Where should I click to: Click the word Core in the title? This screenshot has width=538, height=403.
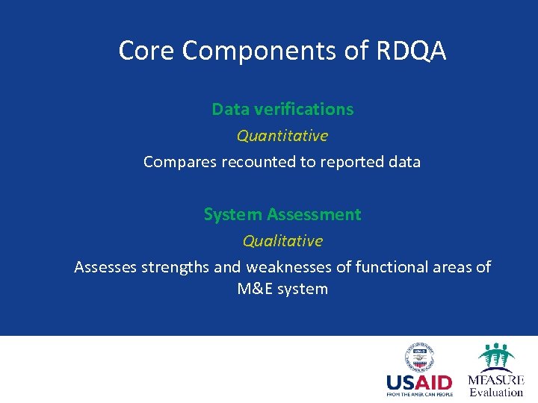(x=147, y=51)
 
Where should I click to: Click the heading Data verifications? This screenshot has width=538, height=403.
(x=282, y=109)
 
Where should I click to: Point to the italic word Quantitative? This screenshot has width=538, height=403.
(x=282, y=136)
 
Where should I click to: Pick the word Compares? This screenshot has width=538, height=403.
(x=180, y=162)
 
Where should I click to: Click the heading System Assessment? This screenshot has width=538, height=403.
(x=282, y=214)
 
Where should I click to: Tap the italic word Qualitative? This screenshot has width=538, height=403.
(x=282, y=241)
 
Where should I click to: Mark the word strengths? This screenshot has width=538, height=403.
(x=177, y=267)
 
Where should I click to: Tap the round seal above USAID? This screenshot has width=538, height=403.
(x=419, y=357)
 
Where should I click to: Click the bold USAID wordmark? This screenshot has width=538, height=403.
(x=419, y=383)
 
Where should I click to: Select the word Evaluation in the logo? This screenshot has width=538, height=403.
(x=496, y=392)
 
